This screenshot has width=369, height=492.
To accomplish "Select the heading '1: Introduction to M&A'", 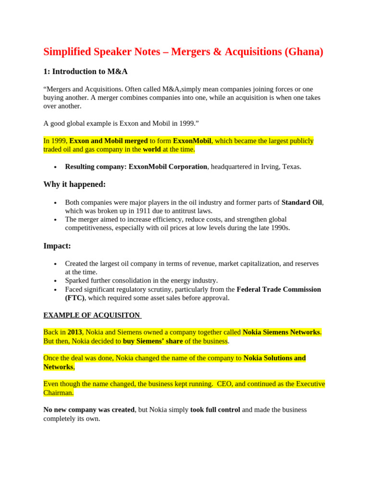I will coord(86,72).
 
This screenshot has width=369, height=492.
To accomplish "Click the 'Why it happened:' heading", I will coord(74,184).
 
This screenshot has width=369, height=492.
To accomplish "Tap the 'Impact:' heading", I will coord(57,246).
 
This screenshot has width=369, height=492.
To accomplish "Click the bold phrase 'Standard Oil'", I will coord(302,202).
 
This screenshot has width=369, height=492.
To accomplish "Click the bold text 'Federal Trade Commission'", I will coord(279,289).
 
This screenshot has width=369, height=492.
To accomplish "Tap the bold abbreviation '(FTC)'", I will coord(74,298).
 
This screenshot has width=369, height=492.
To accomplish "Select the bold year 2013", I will coord(74,332).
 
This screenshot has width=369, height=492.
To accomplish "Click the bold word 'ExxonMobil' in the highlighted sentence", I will coord(192,141).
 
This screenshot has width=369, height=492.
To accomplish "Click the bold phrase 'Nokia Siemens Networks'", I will coord(281,332).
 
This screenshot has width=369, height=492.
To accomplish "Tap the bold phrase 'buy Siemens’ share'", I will coord(153,341).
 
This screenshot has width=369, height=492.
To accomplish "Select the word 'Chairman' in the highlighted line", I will coord(58,393).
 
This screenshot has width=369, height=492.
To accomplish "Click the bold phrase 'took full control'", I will coord(215,410).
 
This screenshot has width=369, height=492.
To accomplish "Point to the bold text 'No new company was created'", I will coord(89,410).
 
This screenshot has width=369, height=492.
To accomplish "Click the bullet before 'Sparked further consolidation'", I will coord(56,281).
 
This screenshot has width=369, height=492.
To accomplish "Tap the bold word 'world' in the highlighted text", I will coord(152,149).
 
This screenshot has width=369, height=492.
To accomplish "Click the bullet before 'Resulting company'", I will coord(56,167).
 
